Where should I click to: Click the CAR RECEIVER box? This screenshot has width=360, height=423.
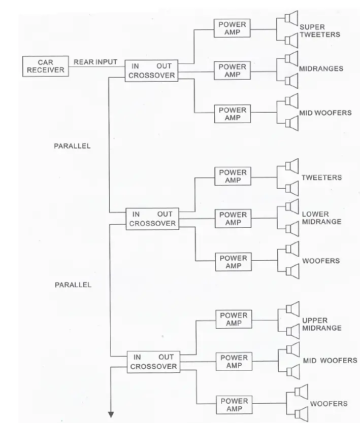coord(46,66)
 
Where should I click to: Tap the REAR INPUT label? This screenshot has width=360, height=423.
coord(95,62)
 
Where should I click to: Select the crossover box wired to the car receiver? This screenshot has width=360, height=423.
coord(152,70)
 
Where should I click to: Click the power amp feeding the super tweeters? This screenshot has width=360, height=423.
coord(232,28)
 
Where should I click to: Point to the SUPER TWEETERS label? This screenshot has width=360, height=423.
coord(319,30)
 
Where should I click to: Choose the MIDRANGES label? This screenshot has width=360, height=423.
coord(321,69)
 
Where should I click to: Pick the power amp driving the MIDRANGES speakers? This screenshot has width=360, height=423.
coord(232,70)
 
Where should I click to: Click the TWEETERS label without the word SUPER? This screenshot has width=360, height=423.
coord(321,178)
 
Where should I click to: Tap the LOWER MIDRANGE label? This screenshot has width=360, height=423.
coord(321,218)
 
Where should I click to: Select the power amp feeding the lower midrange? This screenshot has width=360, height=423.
coord(233,219)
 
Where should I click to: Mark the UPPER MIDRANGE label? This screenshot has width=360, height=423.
coord(322,325)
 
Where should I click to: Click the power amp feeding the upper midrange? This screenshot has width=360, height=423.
coord(234,319)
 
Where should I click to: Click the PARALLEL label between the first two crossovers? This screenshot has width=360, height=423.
coord(72,146)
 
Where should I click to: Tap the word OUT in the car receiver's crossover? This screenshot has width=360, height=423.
coord(165,66)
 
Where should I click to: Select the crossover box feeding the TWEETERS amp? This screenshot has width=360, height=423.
coord(152,219)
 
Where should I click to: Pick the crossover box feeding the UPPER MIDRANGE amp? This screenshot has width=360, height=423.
coord(153,362)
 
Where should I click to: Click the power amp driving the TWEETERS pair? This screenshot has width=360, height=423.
coord(233,177)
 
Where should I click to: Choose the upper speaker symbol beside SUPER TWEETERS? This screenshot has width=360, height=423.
coord(290,19)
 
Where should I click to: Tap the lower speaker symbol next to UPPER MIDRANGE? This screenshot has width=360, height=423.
coord(292,331)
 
